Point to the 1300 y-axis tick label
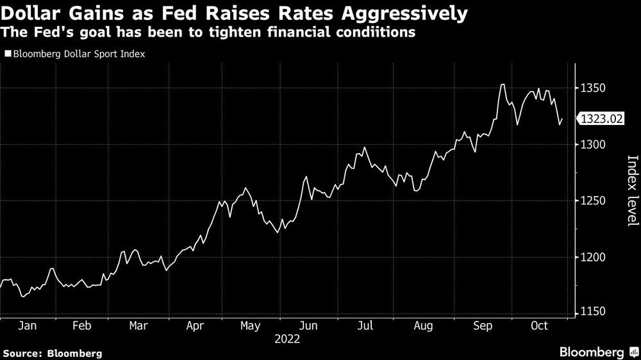[594, 145]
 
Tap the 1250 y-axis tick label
[594, 201]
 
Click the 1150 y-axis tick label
[594, 312]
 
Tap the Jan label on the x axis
[28, 325]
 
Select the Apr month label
[196, 325]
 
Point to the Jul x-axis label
[364, 325]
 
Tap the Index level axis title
[631, 190]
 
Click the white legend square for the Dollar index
[7, 54]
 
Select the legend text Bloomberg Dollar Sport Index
[78, 54]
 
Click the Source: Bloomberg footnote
[53, 353]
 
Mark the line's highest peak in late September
[503, 85]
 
